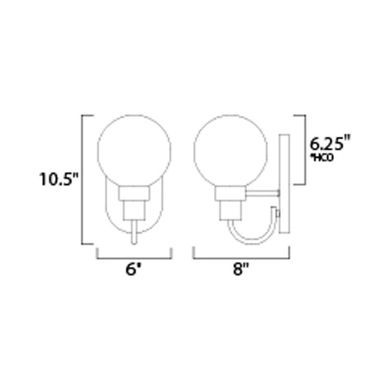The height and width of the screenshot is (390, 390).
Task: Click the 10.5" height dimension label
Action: coord(58,180)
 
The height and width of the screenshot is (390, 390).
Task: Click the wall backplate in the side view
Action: coord(284,183)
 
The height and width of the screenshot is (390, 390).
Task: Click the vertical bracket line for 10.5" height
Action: coord(82,180)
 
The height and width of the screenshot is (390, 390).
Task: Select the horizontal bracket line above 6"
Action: coord(134,258)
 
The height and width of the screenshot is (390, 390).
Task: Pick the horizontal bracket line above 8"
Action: coord(242,258)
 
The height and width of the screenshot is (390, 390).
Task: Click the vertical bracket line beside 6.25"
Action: coord(304,150)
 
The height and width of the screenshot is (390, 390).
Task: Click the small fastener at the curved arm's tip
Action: coord(277,213)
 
